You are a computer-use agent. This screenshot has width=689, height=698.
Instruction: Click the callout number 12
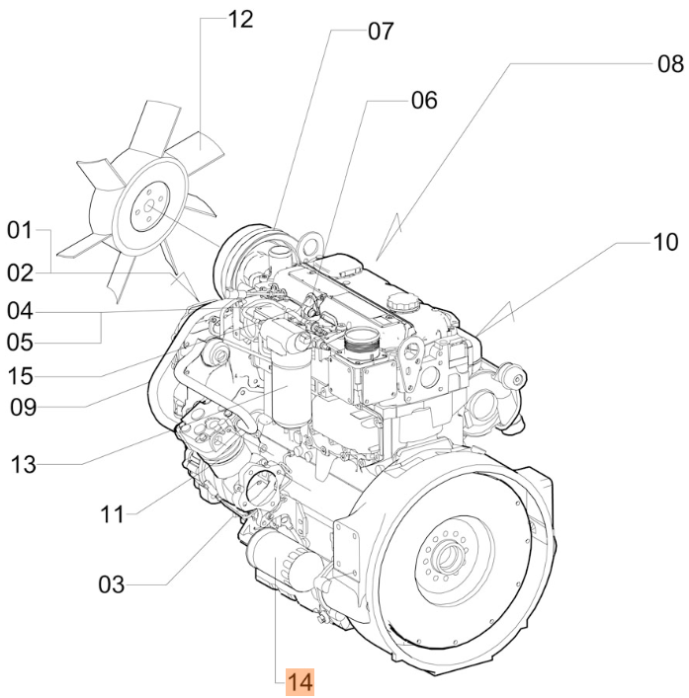coord(240,20)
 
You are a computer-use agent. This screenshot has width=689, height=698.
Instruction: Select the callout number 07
coord(381,32)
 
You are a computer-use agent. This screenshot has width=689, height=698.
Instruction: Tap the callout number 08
coord(670,63)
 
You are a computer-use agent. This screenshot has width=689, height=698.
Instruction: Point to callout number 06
coord(424,100)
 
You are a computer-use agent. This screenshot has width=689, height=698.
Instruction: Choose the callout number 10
coord(665,243)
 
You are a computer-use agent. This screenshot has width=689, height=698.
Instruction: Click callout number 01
coord(20,231)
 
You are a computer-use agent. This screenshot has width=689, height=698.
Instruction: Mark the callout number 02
coord(20,272)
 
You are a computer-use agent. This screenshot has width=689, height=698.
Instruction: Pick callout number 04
coord(20,311)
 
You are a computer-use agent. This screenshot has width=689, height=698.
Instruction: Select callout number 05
coord(20,343)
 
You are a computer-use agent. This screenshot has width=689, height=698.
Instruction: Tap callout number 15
coord(20,376)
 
